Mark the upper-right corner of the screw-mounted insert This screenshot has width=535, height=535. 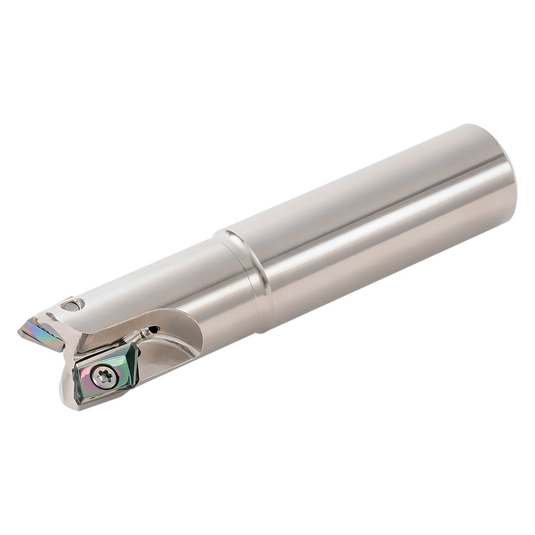point(135,345)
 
